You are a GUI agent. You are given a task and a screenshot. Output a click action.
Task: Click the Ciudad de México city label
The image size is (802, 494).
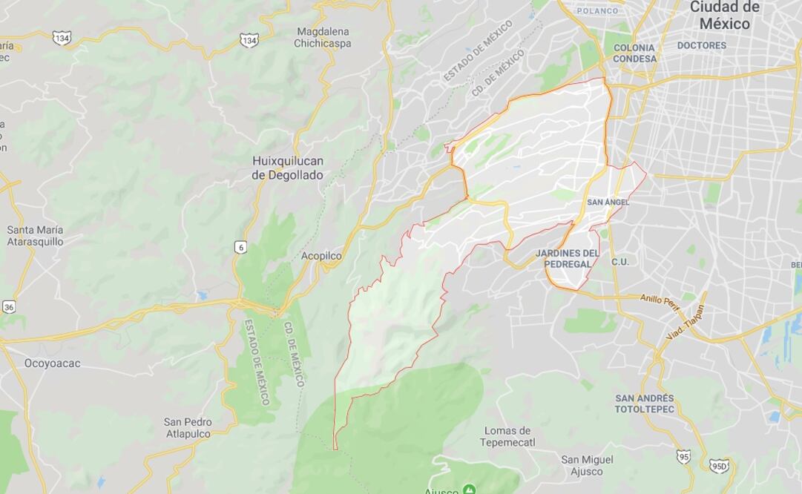pos(724,15)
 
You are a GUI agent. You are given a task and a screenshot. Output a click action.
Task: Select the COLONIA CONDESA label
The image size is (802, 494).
pos(634,53)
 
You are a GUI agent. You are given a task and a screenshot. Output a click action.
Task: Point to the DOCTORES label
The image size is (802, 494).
pos(701,46)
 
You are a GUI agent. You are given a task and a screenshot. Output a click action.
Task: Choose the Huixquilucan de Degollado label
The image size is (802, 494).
pos(287,168)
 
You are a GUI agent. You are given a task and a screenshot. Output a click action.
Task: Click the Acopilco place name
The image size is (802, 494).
pos(321,256)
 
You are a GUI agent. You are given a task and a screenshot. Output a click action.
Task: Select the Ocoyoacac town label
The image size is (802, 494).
pos(52,363)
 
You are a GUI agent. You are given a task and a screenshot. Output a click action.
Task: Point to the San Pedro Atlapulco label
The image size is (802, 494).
pos(188,428)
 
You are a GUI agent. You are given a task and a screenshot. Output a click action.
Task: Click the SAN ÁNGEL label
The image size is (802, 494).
pos(608,202)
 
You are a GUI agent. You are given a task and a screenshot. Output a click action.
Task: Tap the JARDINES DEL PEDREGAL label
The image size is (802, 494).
pos(567,258)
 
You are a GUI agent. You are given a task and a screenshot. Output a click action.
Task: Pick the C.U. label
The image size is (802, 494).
pos(619,262)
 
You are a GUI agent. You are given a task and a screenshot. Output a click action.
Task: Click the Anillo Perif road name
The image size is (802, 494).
pos(660,300)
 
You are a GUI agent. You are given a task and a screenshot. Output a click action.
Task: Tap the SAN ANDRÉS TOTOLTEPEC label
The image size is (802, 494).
pos(644,404)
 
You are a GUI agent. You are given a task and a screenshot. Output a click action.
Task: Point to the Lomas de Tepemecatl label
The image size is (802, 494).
pos(507,436)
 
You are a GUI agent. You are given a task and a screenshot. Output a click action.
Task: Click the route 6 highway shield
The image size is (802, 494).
pos(240,247)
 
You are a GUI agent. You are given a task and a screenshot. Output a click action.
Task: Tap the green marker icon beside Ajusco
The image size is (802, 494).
pos(469,490)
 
